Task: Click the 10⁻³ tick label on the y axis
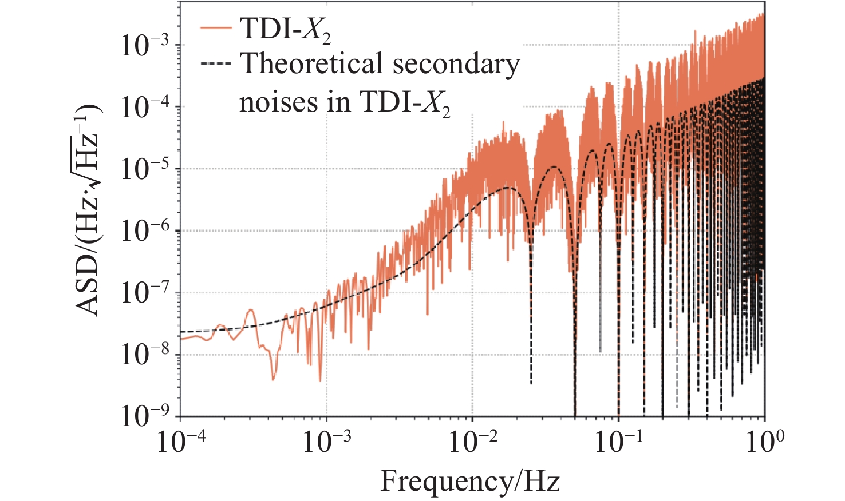tap(145, 45)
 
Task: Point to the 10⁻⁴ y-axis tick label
tap(145, 107)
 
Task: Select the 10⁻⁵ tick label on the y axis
tap(145, 169)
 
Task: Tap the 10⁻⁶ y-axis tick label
tap(145, 231)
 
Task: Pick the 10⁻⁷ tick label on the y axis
tap(145, 293)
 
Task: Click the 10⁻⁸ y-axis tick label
tap(145, 355)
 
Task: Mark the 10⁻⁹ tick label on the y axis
tap(145, 416)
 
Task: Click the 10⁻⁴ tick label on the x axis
tap(179, 442)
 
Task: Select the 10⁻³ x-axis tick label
tap(326, 442)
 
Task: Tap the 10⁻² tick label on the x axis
tap(472, 442)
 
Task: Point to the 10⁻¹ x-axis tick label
tap(618, 442)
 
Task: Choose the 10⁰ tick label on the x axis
tap(764, 442)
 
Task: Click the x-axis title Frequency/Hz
tap(470, 480)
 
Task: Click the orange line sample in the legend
tap(216, 28)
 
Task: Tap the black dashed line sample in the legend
tap(216, 63)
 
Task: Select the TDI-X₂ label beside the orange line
tap(285, 29)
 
